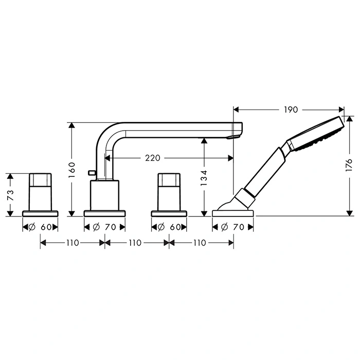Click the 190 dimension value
coord(291,110)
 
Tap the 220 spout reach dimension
coord(152,158)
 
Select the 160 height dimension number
coord(72,170)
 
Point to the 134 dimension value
coord(204,178)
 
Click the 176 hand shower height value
coord(349,165)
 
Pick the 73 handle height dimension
coord(11,195)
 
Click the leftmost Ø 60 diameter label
coord(40,227)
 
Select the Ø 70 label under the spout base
coord(104,227)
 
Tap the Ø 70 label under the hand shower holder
coord(232,227)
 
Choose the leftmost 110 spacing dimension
coord(73,243)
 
